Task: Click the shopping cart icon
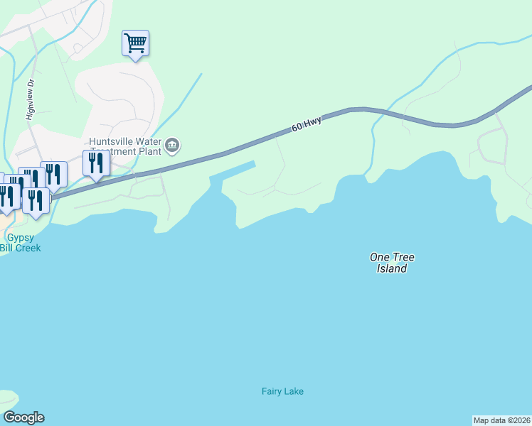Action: pos(135,43)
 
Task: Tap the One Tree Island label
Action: pos(392,263)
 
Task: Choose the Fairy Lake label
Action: pos(282,391)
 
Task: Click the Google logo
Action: pos(23,417)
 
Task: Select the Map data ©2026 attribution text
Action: pos(501,420)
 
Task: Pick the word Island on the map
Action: pos(392,269)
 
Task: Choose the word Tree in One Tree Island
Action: pos(403,257)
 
